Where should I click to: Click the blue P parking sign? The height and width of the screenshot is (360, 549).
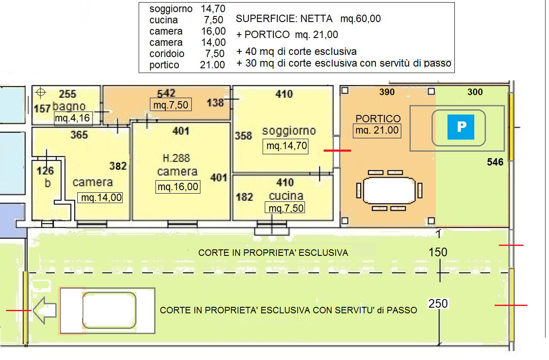pyautogui.click(x=460, y=127)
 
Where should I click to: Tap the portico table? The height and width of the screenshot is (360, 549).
pyautogui.click(x=389, y=191)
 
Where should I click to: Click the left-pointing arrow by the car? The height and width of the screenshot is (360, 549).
pyautogui.click(x=44, y=310)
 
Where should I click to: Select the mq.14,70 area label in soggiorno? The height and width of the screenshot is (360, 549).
pyautogui.click(x=286, y=147)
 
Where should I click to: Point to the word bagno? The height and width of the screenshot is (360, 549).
pyautogui.click(x=69, y=106)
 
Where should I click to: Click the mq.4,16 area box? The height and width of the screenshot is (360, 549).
pyautogui.click(x=73, y=119)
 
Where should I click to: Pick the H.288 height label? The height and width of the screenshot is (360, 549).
pyautogui.click(x=176, y=158)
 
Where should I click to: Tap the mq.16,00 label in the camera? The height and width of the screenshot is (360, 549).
pyautogui.click(x=178, y=187)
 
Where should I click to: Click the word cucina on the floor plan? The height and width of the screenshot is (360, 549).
pyautogui.click(x=286, y=196)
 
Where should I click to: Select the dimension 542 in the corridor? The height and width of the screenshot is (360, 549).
pyautogui.click(x=166, y=93)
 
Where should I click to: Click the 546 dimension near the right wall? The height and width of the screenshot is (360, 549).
pyautogui.click(x=495, y=162)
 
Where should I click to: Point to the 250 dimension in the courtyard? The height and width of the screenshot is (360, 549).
pyautogui.click(x=438, y=303)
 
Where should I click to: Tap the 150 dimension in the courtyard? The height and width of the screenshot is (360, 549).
pyautogui.click(x=438, y=252)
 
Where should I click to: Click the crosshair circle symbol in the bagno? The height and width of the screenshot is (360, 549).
pyautogui.click(x=41, y=92)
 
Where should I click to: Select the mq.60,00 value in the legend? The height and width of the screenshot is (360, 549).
pyautogui.click(x=361, y=19)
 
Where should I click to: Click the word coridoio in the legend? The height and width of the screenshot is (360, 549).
pyautogui.click(x=167, y=54)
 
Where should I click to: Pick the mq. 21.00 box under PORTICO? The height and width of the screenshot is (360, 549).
pyautogui.click(x=377, y=131)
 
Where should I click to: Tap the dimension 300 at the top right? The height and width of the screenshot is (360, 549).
pyautogui.click(x=475, y=92)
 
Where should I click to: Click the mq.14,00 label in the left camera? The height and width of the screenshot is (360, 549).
pyautogui.click(x=100, y=198)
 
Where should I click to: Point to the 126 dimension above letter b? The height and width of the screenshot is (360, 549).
pyautogui.click(x=45, y=171)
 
